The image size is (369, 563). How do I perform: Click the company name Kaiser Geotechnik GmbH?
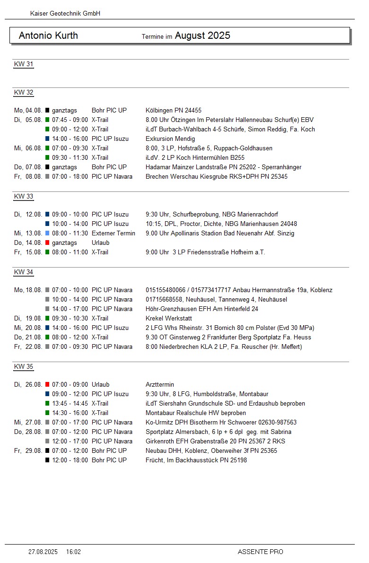coord(65,14)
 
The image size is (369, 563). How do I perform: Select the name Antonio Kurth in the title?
coord(48,35)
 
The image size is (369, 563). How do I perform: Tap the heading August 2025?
coord(202,35)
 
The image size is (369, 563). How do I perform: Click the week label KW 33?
coord(24,196)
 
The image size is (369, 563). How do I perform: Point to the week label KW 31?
coord(24,64)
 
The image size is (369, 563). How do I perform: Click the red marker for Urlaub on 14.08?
coord(47,243)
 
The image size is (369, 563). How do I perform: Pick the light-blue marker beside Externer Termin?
coord(47,233)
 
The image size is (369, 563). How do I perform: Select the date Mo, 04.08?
coord(28,110)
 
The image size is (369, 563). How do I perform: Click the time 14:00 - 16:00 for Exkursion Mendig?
coord(70,139)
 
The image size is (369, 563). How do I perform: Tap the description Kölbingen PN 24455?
coord(174,110)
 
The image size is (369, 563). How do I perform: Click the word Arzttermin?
coord(160,384)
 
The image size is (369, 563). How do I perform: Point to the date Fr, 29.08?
coord(28,450)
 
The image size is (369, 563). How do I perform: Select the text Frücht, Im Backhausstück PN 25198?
coord(196,460)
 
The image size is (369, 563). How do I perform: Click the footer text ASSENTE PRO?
coord(260,552)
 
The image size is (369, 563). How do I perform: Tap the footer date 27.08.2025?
coord(43,552)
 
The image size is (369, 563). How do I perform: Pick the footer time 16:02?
coord(73,552)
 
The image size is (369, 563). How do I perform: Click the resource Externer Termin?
coord(114,233)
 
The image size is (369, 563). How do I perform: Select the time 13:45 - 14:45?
coord(70,403)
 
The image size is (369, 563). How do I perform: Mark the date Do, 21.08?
coord(28,337)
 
